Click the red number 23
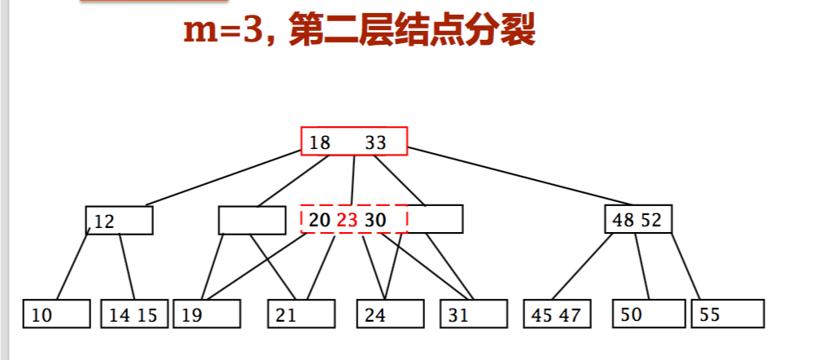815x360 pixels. [x=348, y=221]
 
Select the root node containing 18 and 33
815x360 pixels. [x=353, y=142]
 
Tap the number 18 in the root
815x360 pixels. [x=320, y=143]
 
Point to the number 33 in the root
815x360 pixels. [x=375, y=143]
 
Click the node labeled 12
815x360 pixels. [x=119, y=221]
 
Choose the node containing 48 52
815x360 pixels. [x=638, y=220]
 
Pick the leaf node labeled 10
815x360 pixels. [x=56, y=314]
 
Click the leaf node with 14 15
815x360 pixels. [x=134, y=314]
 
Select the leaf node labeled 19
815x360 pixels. [x=207, y=314]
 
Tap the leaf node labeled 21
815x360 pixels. [x=301, y=314]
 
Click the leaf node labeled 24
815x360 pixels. [x=391, y=314]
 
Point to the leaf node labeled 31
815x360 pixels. [x=473, y=314]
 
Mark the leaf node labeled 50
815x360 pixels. [x=647, y=314]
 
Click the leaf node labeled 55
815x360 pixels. [x=727, y=314]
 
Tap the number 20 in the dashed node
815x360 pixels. [x=320, y=221]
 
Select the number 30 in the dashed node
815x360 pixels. [x=375, y=221]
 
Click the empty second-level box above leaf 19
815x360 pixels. [x=252, y=220]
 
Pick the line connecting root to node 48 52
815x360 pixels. [x=521, y=175]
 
